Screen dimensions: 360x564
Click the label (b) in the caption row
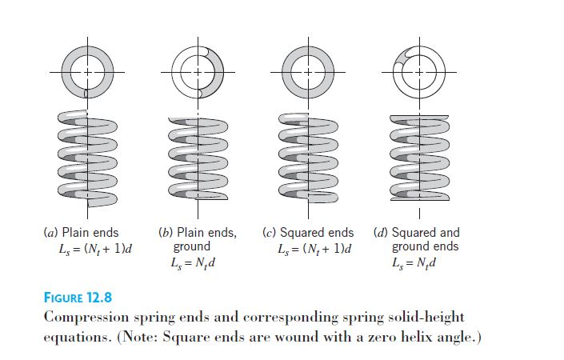(166, 233)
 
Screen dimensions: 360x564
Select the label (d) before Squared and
(381, 233)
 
